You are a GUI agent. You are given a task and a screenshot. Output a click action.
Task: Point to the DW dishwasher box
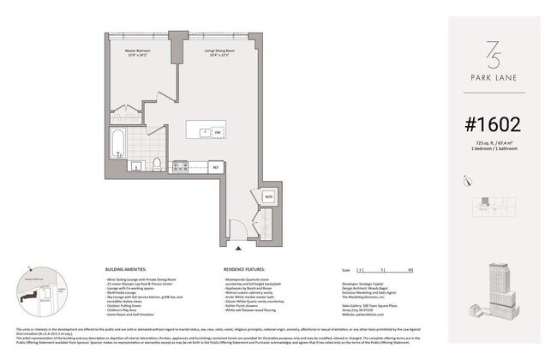pos(218,133)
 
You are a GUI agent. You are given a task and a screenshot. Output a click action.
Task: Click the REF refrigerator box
pos(217,166)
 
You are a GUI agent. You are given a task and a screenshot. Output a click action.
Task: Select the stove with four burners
pos(181,166)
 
